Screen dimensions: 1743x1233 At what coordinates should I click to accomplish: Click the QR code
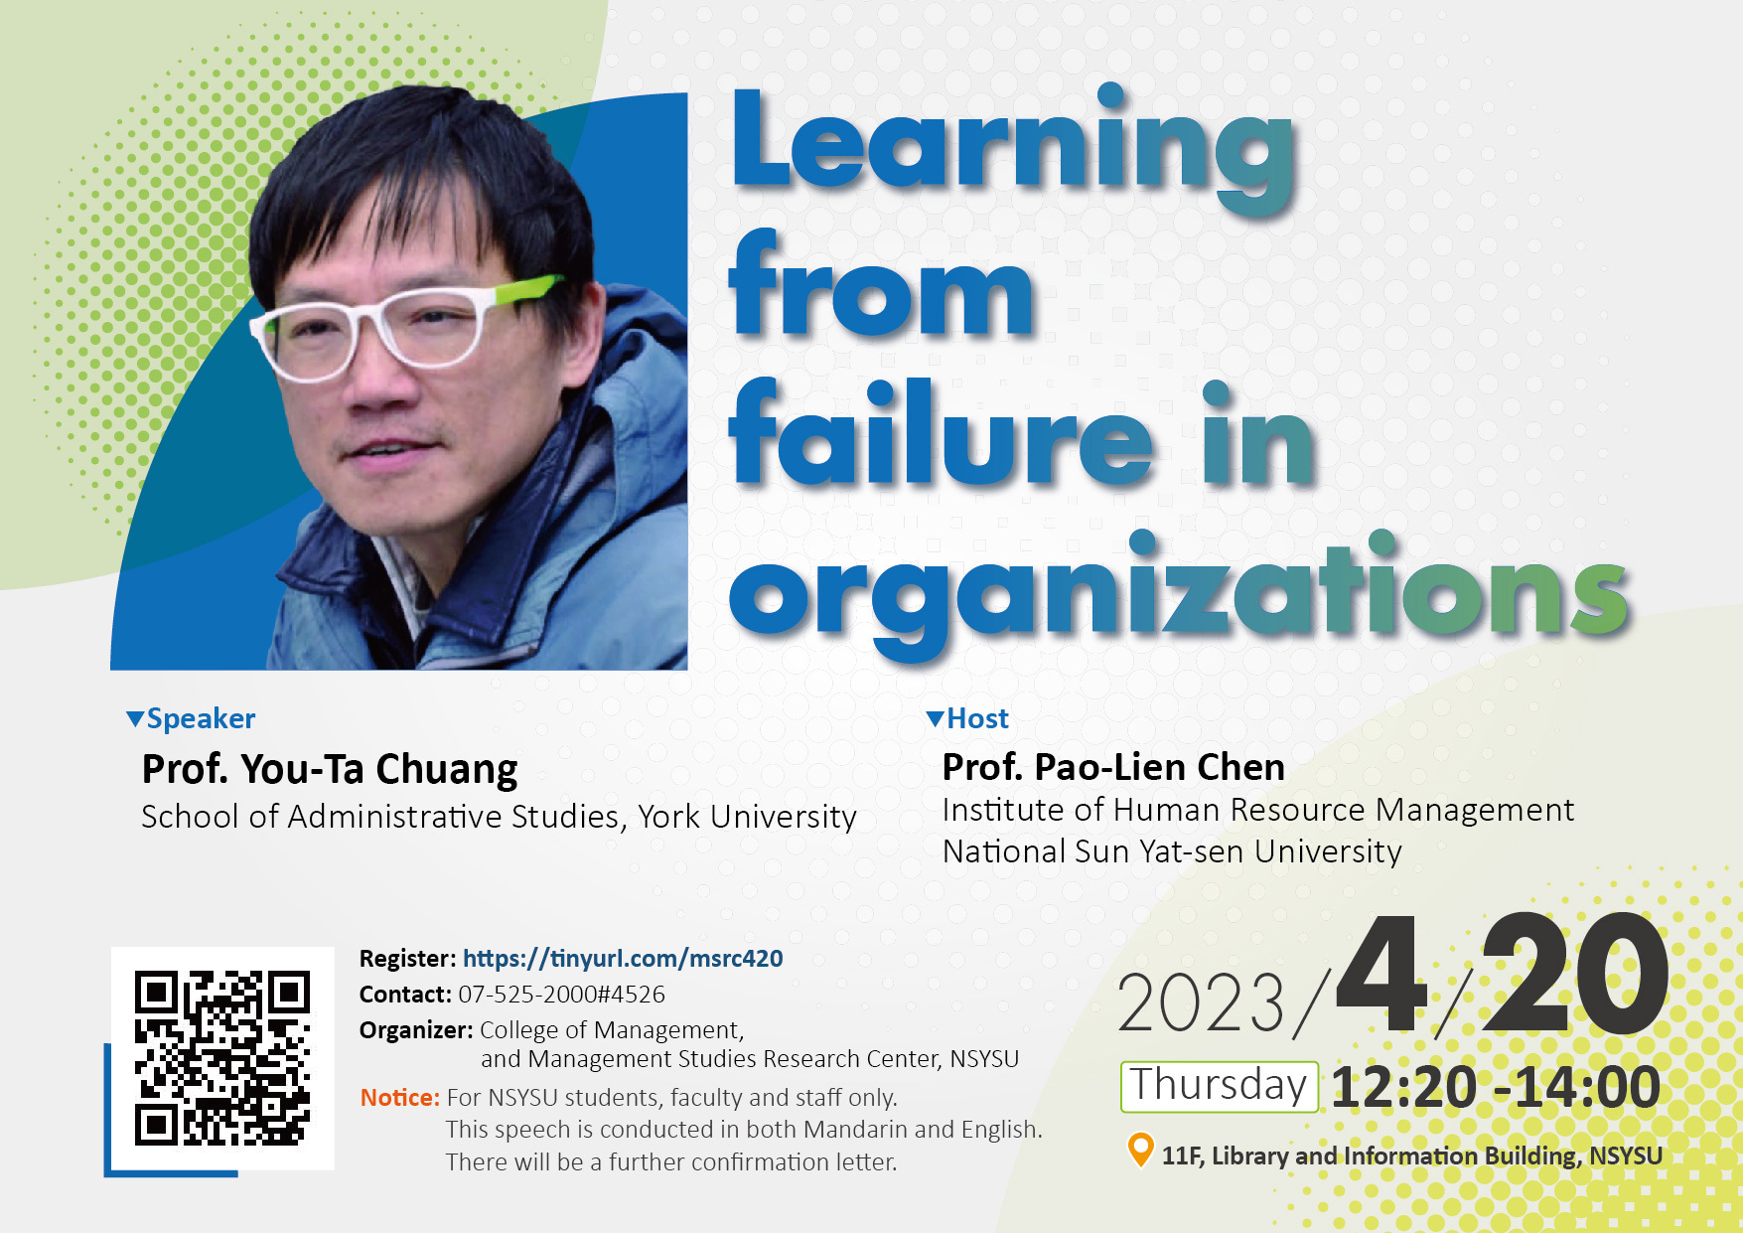222,1058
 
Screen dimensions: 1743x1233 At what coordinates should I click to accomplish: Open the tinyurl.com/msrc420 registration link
623,959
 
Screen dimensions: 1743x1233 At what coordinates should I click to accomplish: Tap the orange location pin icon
1140,1151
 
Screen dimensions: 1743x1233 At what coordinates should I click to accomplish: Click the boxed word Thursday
1220,1086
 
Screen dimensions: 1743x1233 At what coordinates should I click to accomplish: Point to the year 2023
1201,1003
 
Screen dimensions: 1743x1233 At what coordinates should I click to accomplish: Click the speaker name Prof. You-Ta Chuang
330,770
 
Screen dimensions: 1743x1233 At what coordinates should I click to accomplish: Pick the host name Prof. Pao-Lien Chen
1113,767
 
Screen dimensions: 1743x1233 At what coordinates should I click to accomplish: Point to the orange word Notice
399,1098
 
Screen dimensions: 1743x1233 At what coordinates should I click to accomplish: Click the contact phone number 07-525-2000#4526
561,995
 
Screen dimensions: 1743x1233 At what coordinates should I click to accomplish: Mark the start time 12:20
1403,1087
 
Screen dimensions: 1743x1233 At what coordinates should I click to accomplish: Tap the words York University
747,817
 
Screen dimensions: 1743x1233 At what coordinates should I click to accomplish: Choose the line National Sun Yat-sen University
1172,851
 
